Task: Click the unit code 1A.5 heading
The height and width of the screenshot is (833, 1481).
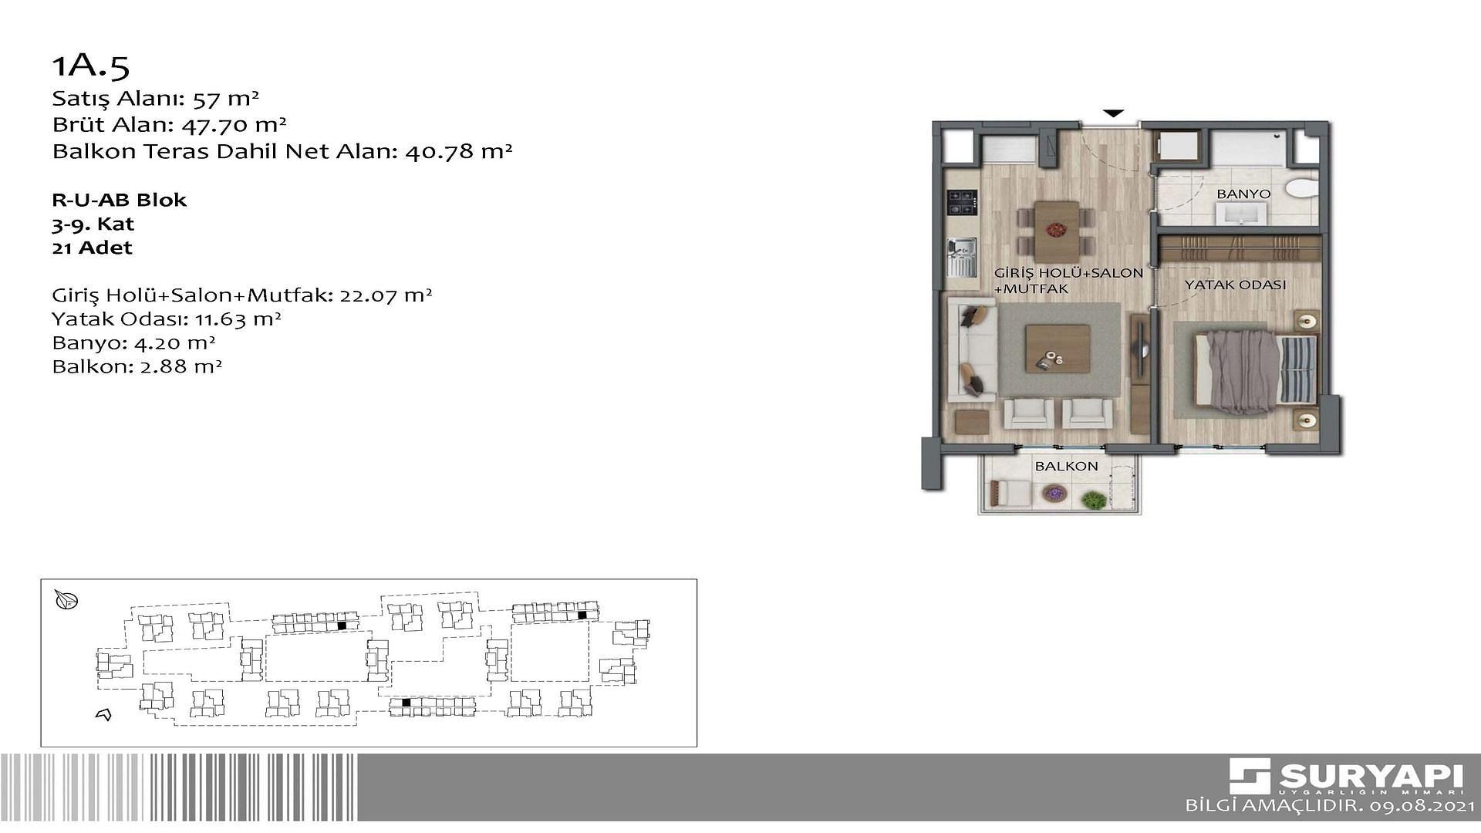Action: point(91,66)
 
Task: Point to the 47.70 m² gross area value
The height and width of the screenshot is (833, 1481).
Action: point(234,124)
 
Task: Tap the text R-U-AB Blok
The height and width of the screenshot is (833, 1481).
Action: point(120,200)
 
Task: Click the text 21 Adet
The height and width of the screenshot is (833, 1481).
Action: point(93,248)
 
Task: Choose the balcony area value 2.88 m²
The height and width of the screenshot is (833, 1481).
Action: point(181,366)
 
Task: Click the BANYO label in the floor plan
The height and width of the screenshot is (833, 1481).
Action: point(1243,194)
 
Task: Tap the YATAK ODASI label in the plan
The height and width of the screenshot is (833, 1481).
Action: point(1235,285)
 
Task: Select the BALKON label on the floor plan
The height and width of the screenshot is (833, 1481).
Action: point(1066,466)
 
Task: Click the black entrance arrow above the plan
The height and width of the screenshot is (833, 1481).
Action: point(1112,113)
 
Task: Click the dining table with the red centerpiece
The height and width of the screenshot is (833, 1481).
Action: point(1057,231)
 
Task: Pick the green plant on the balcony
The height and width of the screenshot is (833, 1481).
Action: point(1093,500)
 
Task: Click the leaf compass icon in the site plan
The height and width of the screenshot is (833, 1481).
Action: point(66,599)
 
